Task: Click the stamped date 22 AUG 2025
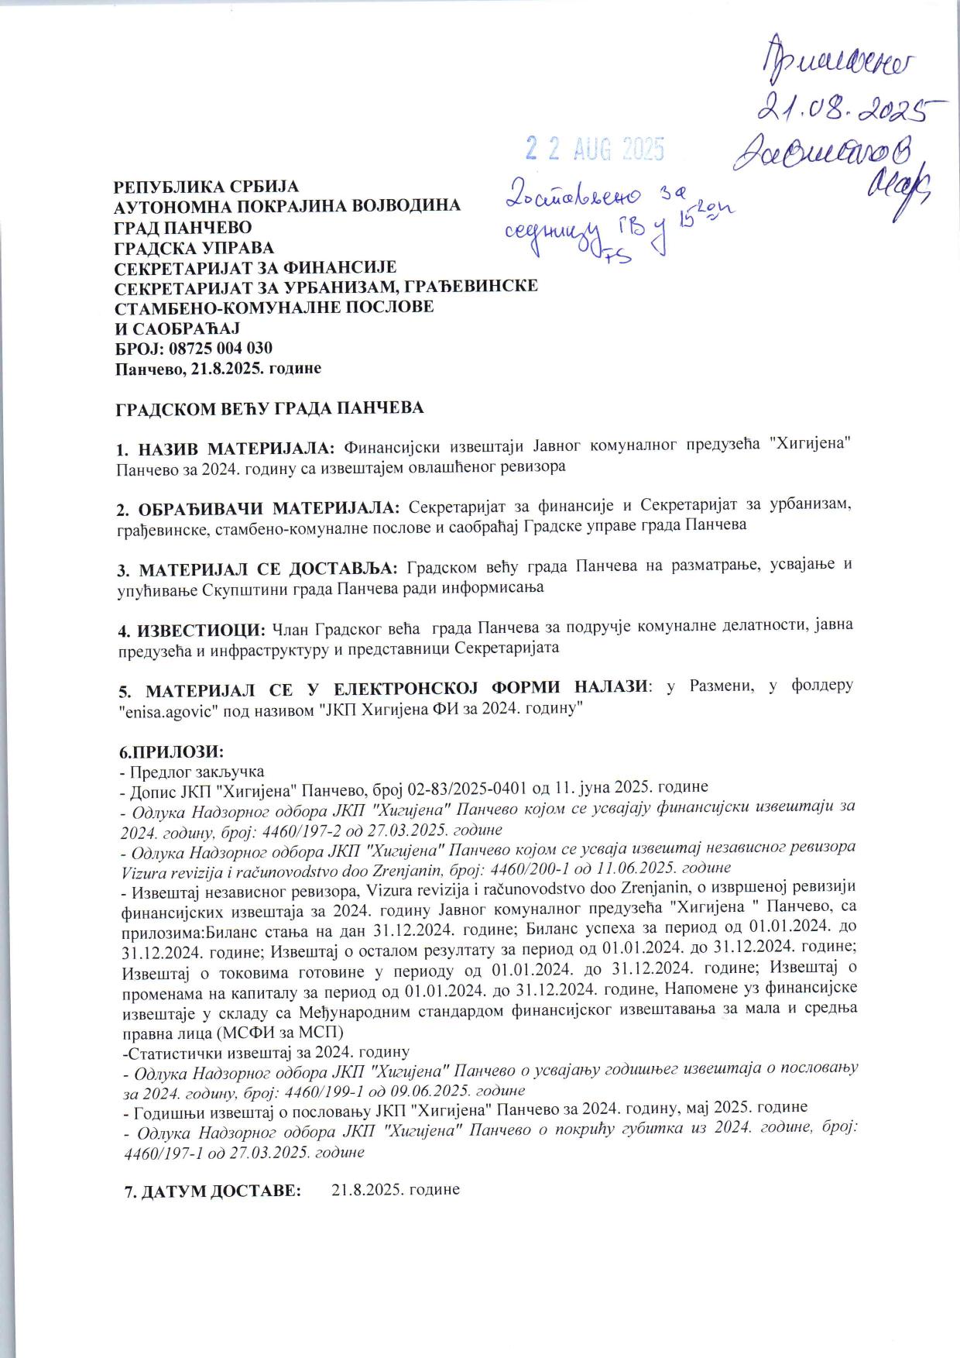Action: click(595, 147)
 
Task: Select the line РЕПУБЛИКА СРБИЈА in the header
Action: click(206, 187)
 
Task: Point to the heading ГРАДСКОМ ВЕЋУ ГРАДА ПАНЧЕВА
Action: click(269, 407)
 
